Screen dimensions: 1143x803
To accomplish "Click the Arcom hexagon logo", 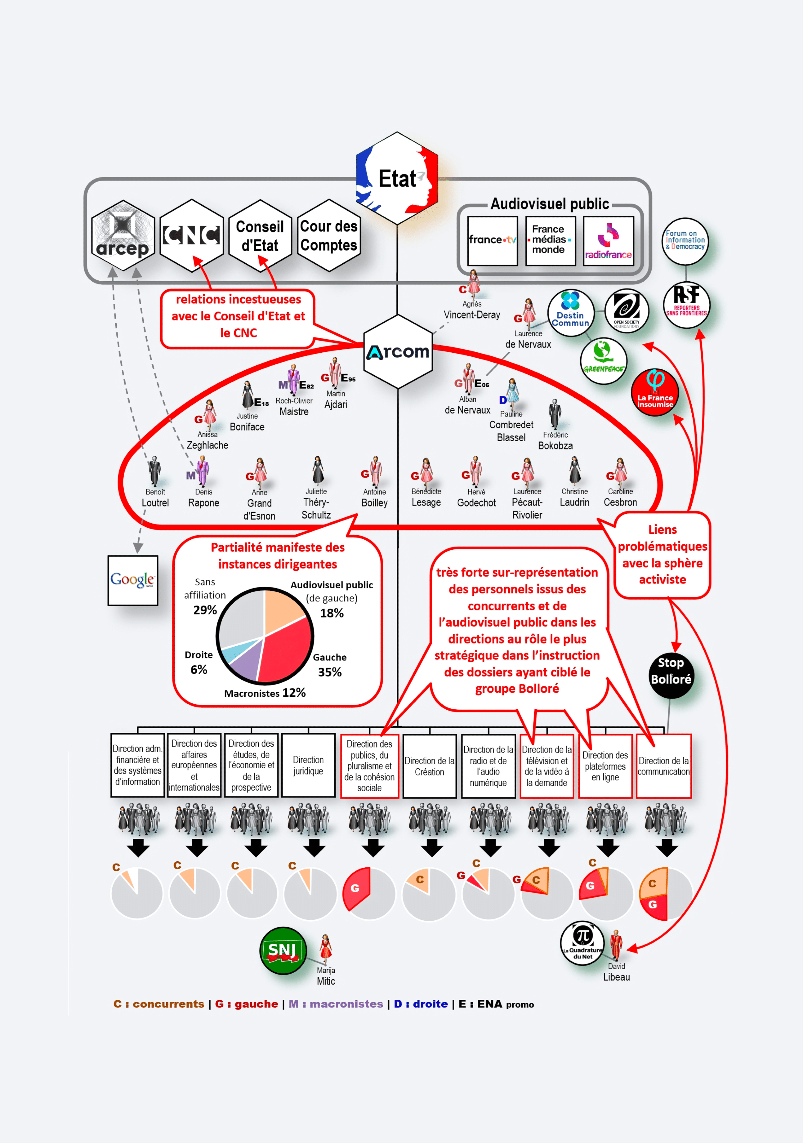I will pos(398,352).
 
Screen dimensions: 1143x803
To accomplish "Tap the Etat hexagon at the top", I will pos(397,178).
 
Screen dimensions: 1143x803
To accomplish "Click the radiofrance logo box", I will pos(608,241).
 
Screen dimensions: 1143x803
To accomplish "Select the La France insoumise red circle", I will pos(655,392).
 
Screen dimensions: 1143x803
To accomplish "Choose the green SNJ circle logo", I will pos(283,950).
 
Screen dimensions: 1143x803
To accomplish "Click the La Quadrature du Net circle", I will pos(582,943).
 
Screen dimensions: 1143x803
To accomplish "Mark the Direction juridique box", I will pos(308,765).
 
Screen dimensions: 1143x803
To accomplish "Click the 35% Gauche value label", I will pos(330,672).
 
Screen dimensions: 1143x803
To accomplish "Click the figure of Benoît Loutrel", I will pos(154,470).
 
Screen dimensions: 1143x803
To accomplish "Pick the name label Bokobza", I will pos(555,446).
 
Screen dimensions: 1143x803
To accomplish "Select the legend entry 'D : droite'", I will pos(421,1004).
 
